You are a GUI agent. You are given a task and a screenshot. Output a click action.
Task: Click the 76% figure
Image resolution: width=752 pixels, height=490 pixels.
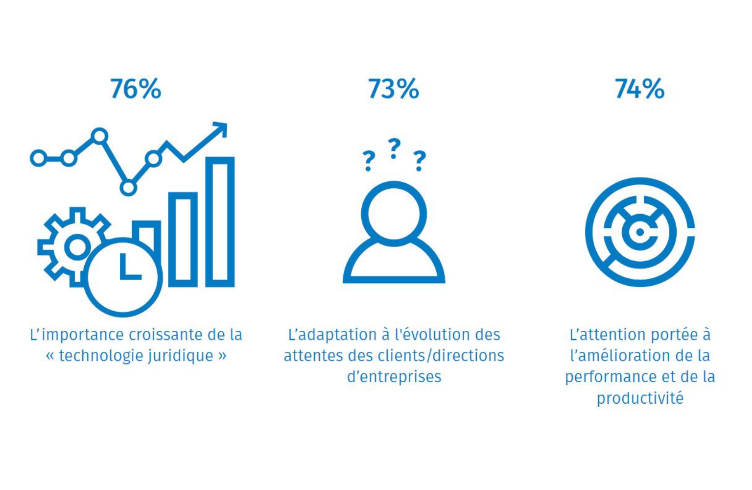136,89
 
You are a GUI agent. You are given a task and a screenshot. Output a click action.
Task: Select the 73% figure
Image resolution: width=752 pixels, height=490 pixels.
393,89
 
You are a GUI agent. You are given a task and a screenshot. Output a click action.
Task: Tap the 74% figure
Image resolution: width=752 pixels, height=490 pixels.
639,89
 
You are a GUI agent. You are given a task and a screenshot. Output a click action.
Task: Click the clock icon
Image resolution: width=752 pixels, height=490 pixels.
123,277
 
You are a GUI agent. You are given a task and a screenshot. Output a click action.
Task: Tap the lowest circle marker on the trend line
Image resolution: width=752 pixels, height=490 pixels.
128,188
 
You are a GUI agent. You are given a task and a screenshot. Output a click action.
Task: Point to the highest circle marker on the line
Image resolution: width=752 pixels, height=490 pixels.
99,135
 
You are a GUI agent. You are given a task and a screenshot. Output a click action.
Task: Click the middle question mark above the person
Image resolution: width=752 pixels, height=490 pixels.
394,148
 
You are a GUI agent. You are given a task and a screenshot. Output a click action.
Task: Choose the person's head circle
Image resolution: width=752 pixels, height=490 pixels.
394,214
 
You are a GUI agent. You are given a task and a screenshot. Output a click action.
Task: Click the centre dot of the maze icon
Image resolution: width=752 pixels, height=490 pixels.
639,232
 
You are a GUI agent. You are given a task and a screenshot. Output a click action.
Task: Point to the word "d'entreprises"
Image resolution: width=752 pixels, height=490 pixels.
394,377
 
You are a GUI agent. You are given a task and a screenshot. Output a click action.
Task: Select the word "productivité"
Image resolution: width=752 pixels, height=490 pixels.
639,398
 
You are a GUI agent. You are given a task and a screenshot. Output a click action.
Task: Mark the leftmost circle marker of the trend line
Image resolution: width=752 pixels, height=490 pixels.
38,158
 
